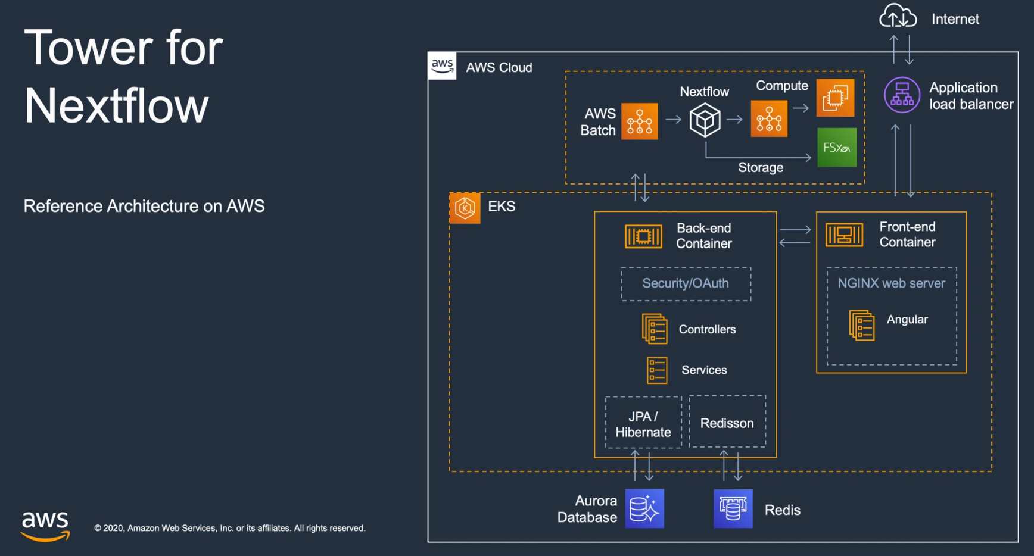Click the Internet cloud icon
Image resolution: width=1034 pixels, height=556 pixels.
898,16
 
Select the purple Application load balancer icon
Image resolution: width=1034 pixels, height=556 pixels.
902,95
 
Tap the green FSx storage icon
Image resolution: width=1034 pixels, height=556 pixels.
836,147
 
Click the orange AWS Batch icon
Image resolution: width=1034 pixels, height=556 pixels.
639,121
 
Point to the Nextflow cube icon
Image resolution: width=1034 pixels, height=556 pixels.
705,120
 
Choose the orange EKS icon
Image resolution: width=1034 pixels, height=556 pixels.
465,208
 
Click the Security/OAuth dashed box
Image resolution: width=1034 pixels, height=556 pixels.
686,284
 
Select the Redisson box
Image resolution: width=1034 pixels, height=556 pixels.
727,423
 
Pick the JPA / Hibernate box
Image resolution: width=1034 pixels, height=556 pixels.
643,423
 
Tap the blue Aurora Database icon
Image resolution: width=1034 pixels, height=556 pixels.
644,509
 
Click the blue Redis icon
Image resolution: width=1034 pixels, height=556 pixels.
733,509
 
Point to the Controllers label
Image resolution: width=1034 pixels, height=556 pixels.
707,329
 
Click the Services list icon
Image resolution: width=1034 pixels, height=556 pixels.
656,370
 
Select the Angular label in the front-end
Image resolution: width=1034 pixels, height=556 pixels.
907,320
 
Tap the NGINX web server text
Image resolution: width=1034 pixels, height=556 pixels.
891,283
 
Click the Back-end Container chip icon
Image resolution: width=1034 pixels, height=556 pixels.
643,236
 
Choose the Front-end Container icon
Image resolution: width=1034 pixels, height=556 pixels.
844,235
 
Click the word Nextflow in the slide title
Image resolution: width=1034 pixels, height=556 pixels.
117,106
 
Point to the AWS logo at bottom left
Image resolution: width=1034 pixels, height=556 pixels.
45,526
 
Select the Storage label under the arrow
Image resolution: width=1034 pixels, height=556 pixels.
761,168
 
